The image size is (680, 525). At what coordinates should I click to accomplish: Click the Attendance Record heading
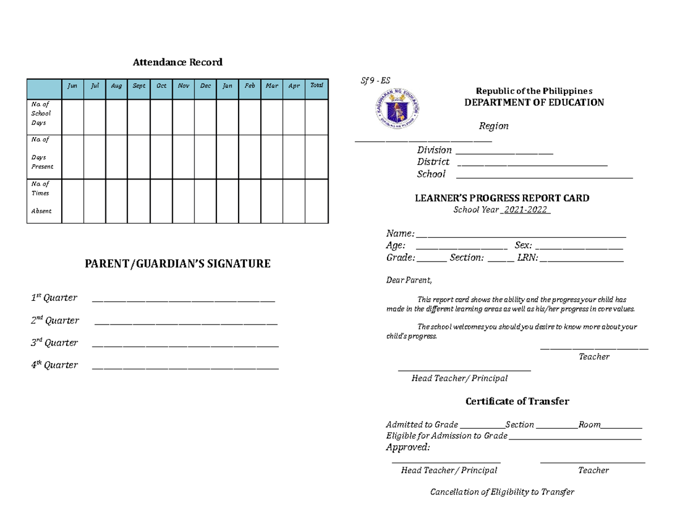click(x=177, y=62)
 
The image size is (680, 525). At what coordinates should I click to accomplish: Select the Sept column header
click(x=139, y=86)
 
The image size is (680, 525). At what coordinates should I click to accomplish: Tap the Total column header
click(x=316, y=86)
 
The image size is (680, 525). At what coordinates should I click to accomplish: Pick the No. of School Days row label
click(x=41, y=113)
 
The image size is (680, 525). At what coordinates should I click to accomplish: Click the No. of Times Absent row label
click(x=40, y=197)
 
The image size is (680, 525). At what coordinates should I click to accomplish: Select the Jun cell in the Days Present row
click(x=73, y=157)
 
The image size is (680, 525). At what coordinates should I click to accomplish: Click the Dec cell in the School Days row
click(x=205, y=117)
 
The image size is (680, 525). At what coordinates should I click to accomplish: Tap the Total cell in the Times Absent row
click(x=316, y=201)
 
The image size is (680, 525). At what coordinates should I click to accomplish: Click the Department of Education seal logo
click(x=397, y=110)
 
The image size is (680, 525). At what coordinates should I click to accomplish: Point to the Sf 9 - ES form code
click(x=376, y=80)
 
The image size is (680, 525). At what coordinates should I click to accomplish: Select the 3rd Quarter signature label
click(x=54, y=343)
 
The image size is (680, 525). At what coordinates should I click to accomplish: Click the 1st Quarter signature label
click(x=54, y=298)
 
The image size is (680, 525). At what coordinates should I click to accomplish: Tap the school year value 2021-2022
click(x=526, y=210)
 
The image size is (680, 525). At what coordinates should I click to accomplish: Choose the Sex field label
click(x=523, y=246)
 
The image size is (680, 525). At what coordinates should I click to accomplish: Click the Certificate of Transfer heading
click(x=517, y=402)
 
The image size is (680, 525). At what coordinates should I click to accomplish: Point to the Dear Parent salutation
click(x=409, y=280)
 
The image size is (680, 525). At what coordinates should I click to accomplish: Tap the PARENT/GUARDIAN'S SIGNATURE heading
click(x=177, y=263)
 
